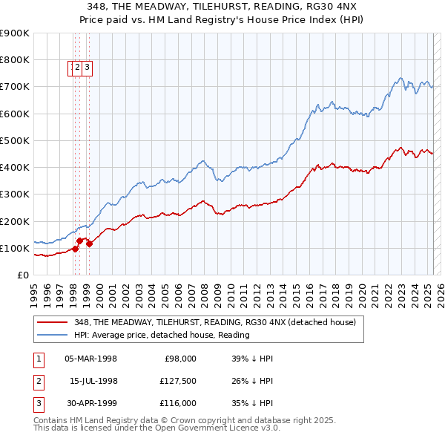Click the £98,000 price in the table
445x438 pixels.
(180, 359)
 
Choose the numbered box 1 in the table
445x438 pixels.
(39, 359)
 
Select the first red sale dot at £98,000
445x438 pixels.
(75, 249)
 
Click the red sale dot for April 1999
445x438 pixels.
(89, 243)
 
